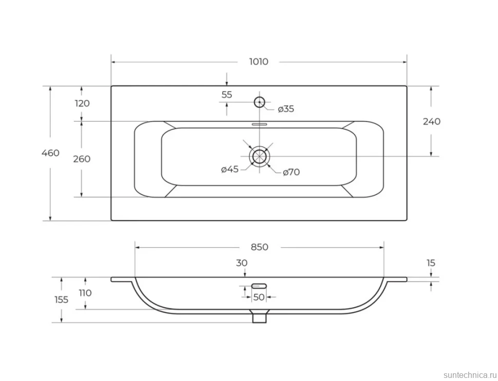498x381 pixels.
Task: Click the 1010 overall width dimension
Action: pos(259,62)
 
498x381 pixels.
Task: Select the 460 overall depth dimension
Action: pos(50,153)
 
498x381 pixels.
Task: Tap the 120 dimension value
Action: pos(82,104)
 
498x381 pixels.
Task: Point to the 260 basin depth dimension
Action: pos(82,158)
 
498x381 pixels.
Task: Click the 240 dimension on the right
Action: pos(432,122)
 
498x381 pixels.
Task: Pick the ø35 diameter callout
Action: pos(286,109)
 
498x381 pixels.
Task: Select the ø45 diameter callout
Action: pos(229,169)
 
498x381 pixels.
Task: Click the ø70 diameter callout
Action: pos(291,172)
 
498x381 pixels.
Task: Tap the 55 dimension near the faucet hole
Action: pos(227,94)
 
